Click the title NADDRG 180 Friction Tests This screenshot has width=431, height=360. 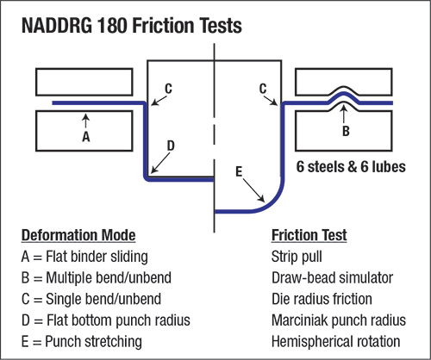point(132,26)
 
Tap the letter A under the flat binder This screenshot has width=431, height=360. point(86,137)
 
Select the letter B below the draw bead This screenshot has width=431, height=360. point(346,131)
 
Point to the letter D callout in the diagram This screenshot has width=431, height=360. point(171,146)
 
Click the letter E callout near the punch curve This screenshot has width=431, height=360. point(239,171)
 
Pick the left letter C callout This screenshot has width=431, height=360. point(168,89)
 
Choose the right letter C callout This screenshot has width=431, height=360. point(263,89)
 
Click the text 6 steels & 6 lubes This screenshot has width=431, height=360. point(351,166)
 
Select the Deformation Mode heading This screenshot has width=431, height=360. point(78,235)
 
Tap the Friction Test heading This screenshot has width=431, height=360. point(309,235)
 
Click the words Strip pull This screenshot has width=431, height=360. point(297,257)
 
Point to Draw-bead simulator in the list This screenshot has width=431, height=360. point(332,277)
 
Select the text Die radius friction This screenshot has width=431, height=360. point(322,299)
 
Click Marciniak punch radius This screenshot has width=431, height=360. point(339,320)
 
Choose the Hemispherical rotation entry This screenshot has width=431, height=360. point(335,341)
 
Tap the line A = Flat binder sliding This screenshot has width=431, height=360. point(84,257)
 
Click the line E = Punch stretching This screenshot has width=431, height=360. point(82,342)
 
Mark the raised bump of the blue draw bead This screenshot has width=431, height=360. point(343,94)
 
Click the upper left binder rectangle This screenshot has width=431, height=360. point(84,82)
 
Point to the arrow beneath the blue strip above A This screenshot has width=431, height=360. point(85,121)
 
